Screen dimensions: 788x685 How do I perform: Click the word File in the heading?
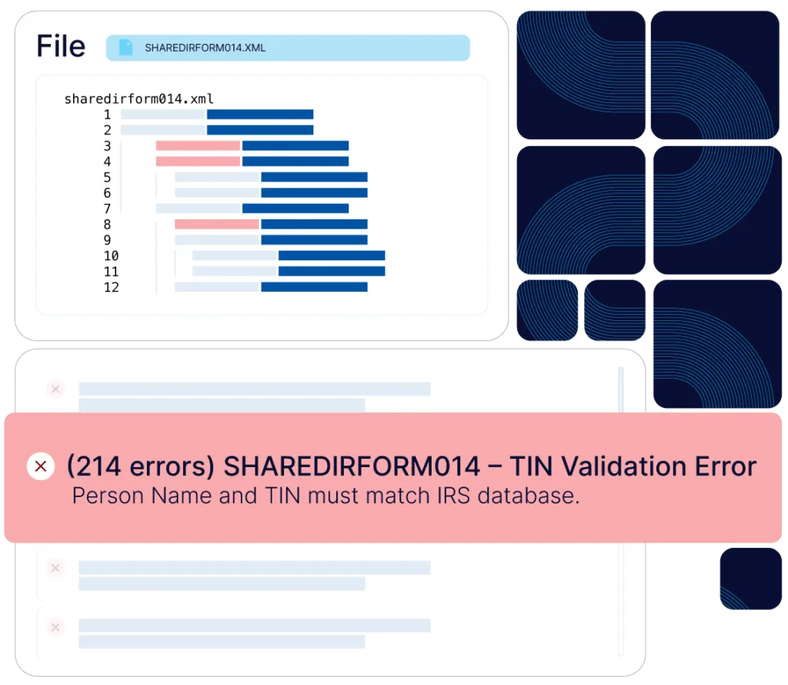(x=61, y=46)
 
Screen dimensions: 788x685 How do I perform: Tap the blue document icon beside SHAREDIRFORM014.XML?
(x=125, y=48)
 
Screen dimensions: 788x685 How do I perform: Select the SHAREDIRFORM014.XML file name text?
(x=205, y=48)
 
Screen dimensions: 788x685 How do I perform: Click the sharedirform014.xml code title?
(x=139, y=99)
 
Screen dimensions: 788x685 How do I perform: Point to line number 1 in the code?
(x=108, y=115)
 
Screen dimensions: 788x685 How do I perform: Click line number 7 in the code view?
(x=108, y=209)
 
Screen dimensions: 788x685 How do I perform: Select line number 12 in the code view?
(x=111, y=287)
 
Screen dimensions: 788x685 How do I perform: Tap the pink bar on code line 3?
(x=198, y=145)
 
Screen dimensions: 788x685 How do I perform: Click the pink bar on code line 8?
(x=216, y=224)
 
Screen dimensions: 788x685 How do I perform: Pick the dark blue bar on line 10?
(x=332, y=256)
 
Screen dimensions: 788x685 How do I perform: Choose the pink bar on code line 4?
(x=198, y=162)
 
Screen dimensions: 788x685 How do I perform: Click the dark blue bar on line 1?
(x=260, y=115)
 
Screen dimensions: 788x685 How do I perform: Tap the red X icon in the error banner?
(x=41, y=466)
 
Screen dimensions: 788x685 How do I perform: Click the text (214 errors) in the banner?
(x=141, y=466)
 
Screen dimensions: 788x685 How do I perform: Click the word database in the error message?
(x=528, y=496)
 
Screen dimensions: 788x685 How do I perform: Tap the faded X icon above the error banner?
(x=55, y=389)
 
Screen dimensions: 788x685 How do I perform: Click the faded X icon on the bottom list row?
(x=55, y=627)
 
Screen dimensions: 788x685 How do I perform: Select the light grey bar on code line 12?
(x=216, y=287)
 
